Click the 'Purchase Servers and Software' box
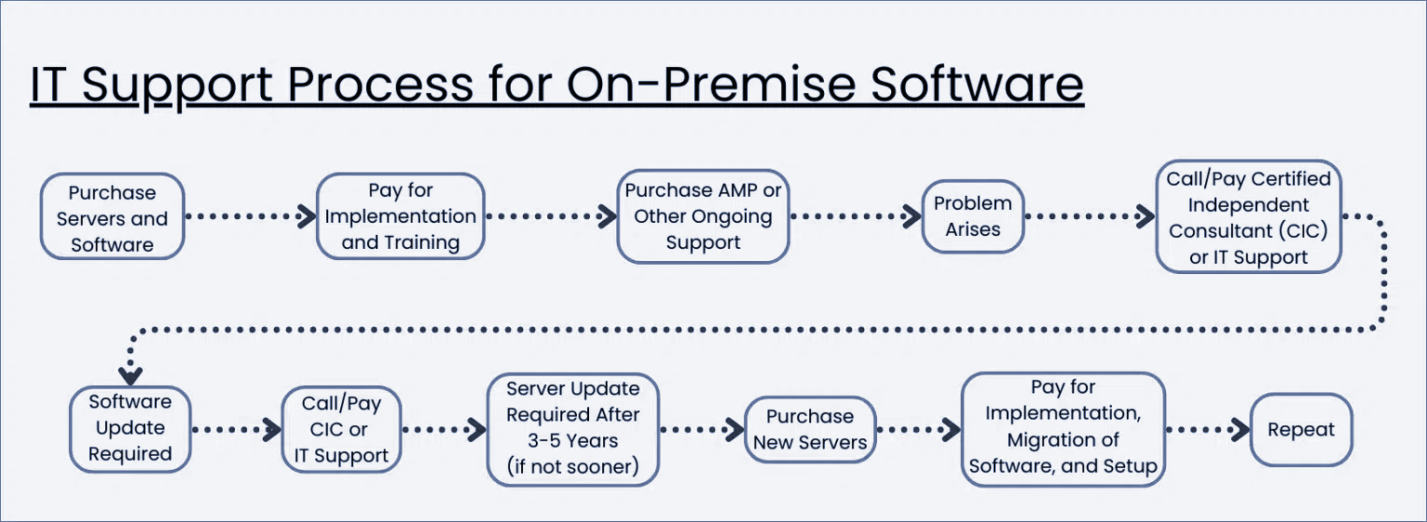click(x=112, y=217)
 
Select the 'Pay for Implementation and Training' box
click(x=400, y=216)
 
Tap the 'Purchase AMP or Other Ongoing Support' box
click(x=703, y=216)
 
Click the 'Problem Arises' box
click(x=973, y=216)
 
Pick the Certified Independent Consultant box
click(x=1248, y=217)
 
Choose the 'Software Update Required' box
click(x=130, y=428)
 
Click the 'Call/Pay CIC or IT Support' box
click(x=341, y=430)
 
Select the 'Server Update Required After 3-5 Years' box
click(x=573, y=428)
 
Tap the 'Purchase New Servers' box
click(x=810, y=430)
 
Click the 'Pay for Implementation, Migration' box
click(x=1063, y=428)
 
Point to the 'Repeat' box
click(x=1301, y=430)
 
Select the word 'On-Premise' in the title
click(x=712, y=85)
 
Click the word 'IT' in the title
click(x=50, y=85)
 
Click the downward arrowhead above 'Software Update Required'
click(x=130, y=374)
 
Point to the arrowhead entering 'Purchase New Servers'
click(x=734, y=430)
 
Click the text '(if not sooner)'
click(x=573, y=467)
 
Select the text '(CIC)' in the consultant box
click(x=1301, y=230)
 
